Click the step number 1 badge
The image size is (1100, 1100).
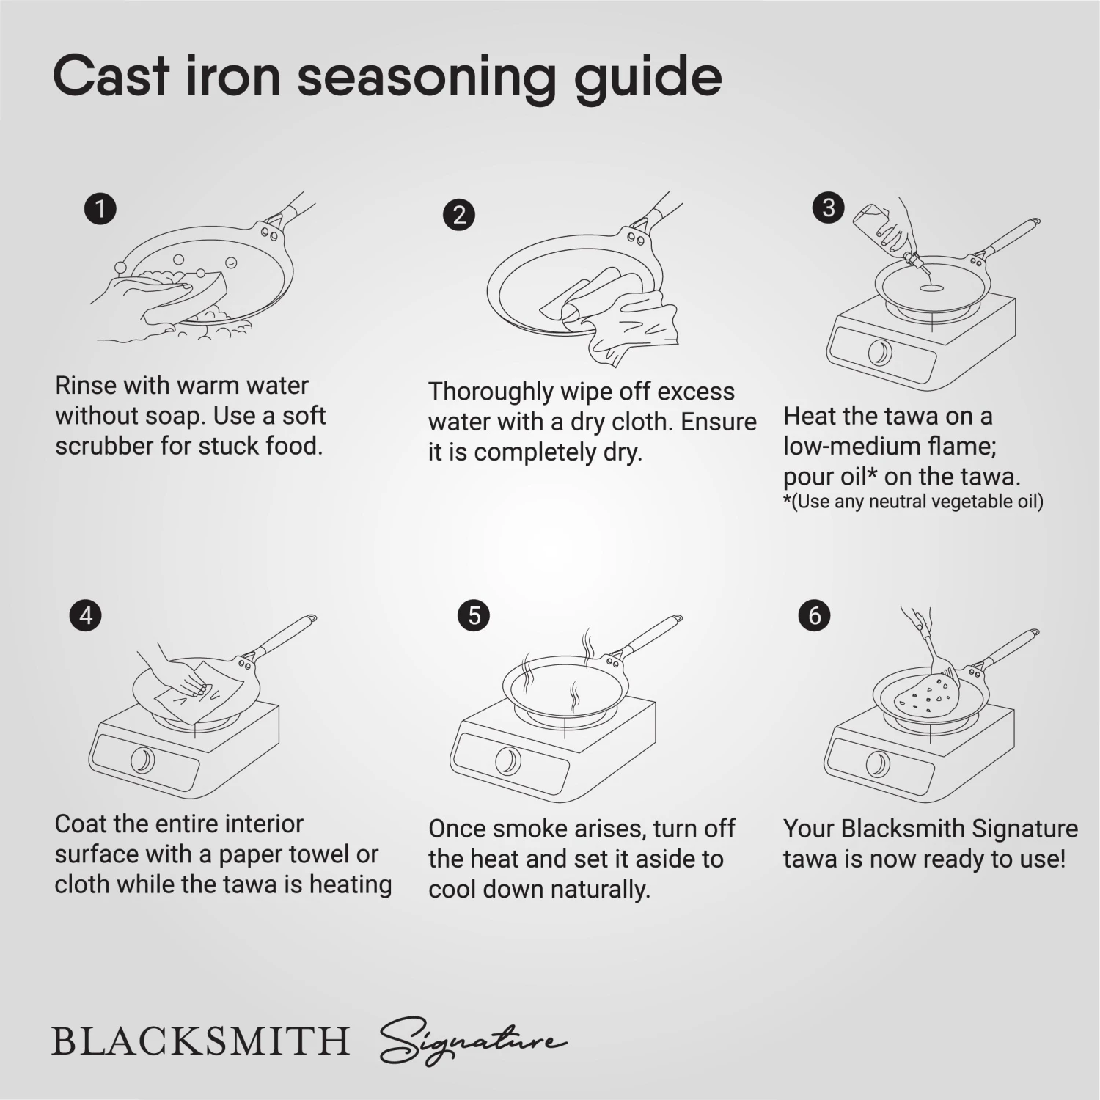[x=100, y=209]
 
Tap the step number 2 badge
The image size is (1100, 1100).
[x=459, y=214]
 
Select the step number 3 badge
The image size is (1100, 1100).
[x=829, y=208]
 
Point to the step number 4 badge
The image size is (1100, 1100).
[x=86, y=615]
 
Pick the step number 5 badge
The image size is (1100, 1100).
[x=474, y=615]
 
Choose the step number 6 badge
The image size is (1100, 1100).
[x=814, y=615]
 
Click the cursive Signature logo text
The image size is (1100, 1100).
[x=473, y=1040]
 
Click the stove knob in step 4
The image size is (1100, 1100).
[x=142, y=760]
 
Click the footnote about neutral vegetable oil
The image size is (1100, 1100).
[x=913, y=502]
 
